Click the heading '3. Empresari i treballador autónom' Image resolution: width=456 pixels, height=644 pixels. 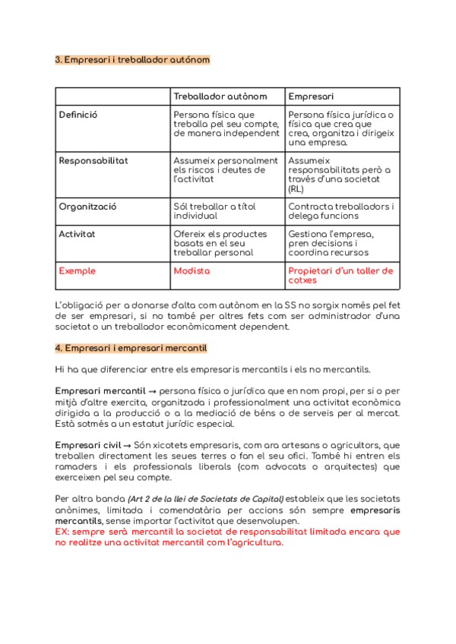coord(133,59)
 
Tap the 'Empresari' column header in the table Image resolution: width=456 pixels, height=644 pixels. coord(312,96)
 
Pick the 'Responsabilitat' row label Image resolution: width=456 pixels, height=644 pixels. coord(93,161)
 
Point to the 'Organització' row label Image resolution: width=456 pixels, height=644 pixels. coord(87,207)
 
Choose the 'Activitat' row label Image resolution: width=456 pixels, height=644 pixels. coord(78,234)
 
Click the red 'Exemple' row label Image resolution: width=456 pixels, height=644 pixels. coord(78,270)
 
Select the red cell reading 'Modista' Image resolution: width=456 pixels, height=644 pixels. coord(192,270)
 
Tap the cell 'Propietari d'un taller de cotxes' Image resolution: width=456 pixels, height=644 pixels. coord(340,275)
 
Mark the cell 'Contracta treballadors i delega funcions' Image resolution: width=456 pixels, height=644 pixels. coord(341,211)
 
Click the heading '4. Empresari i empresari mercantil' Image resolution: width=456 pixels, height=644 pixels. coord(131,348)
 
